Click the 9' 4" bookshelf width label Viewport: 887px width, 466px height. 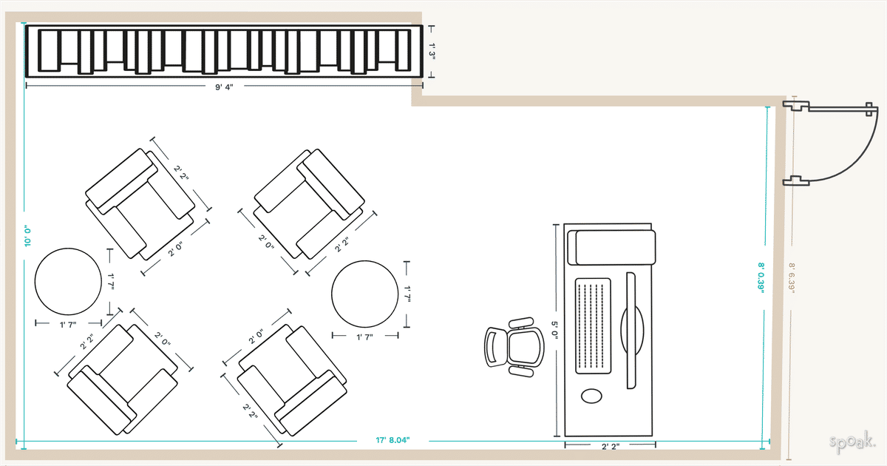[x=224, y=87]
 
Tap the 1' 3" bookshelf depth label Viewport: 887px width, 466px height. [x=432, y=52]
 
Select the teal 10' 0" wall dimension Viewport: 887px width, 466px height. [x=27, y=237]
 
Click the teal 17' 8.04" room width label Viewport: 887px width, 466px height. [x=392, y=440]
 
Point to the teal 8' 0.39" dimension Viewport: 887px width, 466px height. [x=761, y=277]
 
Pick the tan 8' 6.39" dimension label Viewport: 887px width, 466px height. [x=792, y=278]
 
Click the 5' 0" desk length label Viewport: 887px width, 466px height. [x=554, y=331]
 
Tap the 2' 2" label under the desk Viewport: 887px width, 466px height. [x=611, y=447]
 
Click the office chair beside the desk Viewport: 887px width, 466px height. [x=514, y=347]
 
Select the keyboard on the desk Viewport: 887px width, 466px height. [x=593, y=325]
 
